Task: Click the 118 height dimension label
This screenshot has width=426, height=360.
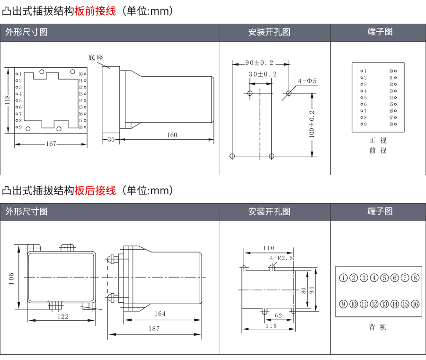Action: point(8,101)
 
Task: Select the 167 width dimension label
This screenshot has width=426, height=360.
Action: point(51,144)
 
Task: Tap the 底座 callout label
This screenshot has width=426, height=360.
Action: point(96,57)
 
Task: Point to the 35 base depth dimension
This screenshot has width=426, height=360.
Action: point(111,139)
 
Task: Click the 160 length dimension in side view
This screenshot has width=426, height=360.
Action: point(172,135)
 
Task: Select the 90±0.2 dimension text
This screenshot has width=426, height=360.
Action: point(259,63)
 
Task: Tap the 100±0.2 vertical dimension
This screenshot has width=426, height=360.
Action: point(311,124)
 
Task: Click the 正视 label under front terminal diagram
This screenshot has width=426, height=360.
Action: point(378,141)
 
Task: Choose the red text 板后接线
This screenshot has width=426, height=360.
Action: point(95,190)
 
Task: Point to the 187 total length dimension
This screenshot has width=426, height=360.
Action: point(154,328)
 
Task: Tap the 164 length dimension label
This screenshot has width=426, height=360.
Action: point(160,314)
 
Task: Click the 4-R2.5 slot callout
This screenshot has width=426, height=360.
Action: point(282,258)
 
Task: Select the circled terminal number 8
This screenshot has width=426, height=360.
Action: point(415,278)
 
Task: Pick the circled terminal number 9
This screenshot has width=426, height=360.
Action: point(343,304)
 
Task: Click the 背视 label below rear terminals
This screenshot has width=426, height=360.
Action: point(378,327)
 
